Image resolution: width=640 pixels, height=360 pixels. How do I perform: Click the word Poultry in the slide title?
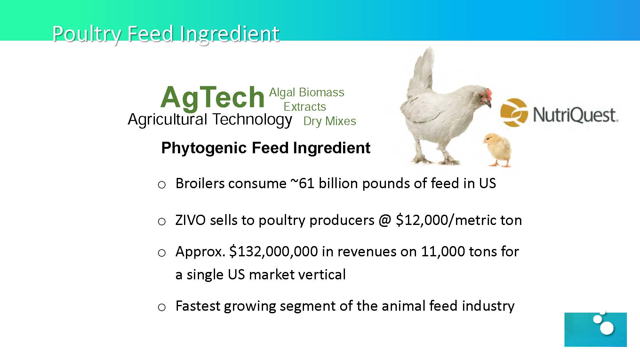pyautogui.click(x=87, y=34)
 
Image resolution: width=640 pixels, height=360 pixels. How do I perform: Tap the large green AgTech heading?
pyautogui.click(x=212, y=97)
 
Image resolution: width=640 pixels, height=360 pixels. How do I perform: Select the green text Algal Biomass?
pyautogui.click(x=307, y=92)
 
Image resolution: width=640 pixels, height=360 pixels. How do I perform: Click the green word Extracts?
pyautogui.click(x=305, y=107)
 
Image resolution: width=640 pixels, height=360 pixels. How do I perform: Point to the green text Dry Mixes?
pyautogui.click(x=330, y=121)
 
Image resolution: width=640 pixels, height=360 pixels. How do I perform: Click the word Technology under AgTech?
pyautogui.click(x=252, y=120)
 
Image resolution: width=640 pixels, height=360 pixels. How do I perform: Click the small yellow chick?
pyautogui.click(x=497, y=150)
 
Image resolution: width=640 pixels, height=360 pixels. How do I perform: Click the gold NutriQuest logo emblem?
pyautogui.click(x=514, y=112)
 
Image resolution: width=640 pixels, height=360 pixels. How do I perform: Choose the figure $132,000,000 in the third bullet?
pyautogui.click(x=274, y=252)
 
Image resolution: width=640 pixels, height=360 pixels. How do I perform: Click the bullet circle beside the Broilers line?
pyautogui.click(x=162, y=185)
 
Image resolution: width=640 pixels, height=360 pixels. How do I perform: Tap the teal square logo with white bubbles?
pyautogui.click(x=596, y=329)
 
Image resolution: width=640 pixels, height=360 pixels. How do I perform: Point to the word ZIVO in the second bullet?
pyautogui.click(x=190, y=220)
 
